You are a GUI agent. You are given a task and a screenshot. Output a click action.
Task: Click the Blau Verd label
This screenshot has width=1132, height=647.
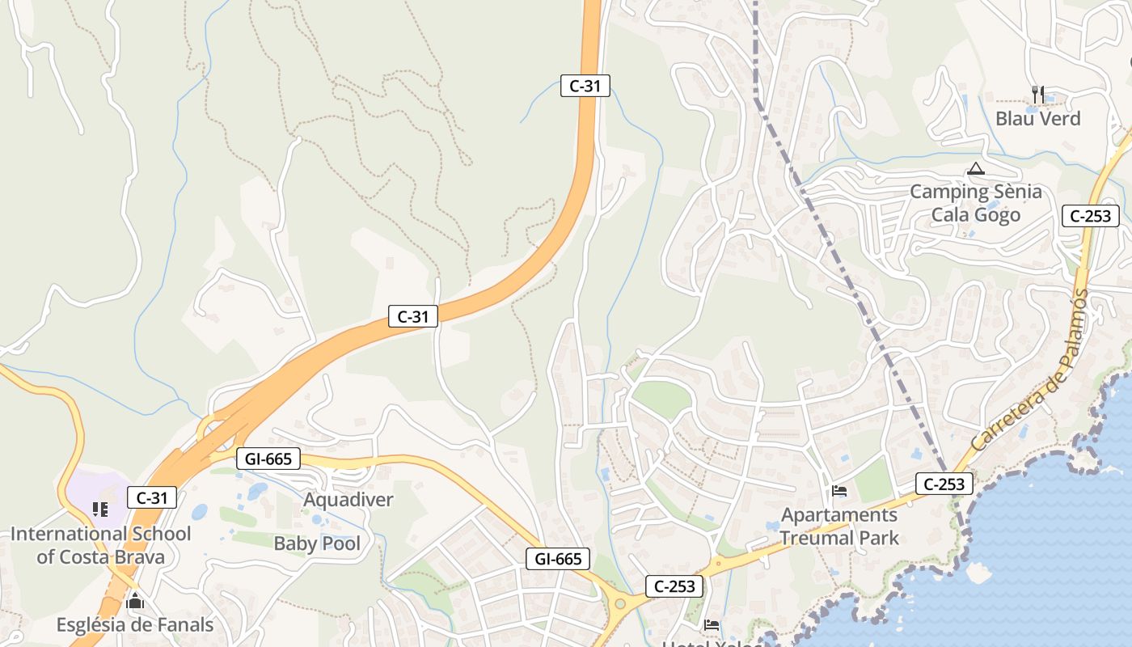tap(1037, 119)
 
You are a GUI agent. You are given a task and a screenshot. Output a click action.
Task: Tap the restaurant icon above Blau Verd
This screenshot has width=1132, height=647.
tap(1038, 94)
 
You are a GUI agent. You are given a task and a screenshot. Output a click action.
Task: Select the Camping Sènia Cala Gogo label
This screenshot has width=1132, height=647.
tap(976, 203)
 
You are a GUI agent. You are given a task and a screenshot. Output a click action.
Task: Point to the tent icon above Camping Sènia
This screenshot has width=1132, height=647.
tap(976, 169)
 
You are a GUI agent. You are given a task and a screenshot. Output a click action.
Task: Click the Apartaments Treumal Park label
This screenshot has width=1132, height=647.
tap(839, 526)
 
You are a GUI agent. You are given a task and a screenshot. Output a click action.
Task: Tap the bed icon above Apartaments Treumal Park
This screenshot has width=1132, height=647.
tap(839, 491)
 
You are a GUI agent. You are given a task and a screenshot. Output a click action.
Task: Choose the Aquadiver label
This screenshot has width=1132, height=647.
tap(348, 500)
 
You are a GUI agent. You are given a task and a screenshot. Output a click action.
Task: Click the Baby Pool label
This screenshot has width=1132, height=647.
tap(317, 543)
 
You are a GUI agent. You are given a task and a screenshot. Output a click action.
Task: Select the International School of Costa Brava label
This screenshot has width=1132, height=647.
tap(100, 545)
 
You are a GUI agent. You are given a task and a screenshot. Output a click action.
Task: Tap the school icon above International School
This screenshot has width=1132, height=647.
tap(100, 509)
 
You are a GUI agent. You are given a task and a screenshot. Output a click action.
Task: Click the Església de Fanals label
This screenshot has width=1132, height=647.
tap(135, 625)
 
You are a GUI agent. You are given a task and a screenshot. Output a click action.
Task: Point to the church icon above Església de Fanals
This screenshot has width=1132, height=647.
tap(135, 601)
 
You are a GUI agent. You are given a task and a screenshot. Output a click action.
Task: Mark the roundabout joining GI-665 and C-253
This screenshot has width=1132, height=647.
tap(620, 603)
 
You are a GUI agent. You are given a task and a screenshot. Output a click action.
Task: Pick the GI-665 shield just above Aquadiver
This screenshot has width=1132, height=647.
tap(268, 459)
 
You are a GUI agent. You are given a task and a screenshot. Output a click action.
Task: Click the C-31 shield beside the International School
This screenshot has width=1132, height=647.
tap(151, 498)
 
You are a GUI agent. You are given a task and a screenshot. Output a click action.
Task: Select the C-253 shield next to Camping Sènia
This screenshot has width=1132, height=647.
tap(1090, 216)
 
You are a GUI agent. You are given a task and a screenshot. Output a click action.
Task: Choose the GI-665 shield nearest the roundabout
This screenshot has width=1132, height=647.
tap(558, 559)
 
